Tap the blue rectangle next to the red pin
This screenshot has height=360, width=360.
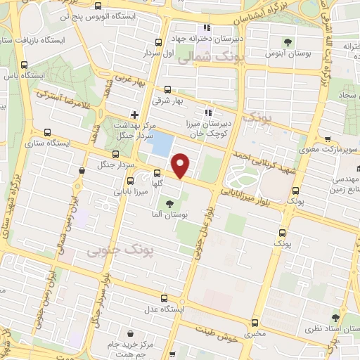point(162,145)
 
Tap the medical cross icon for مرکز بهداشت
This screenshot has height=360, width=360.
point(134,115)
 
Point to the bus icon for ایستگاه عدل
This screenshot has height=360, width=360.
point(165,299)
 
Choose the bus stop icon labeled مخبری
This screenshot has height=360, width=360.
point(255,323)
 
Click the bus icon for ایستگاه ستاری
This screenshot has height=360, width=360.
point(47,131)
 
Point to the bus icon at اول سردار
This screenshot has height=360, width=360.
point(158,41)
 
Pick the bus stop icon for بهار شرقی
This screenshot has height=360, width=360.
point(167,89)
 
